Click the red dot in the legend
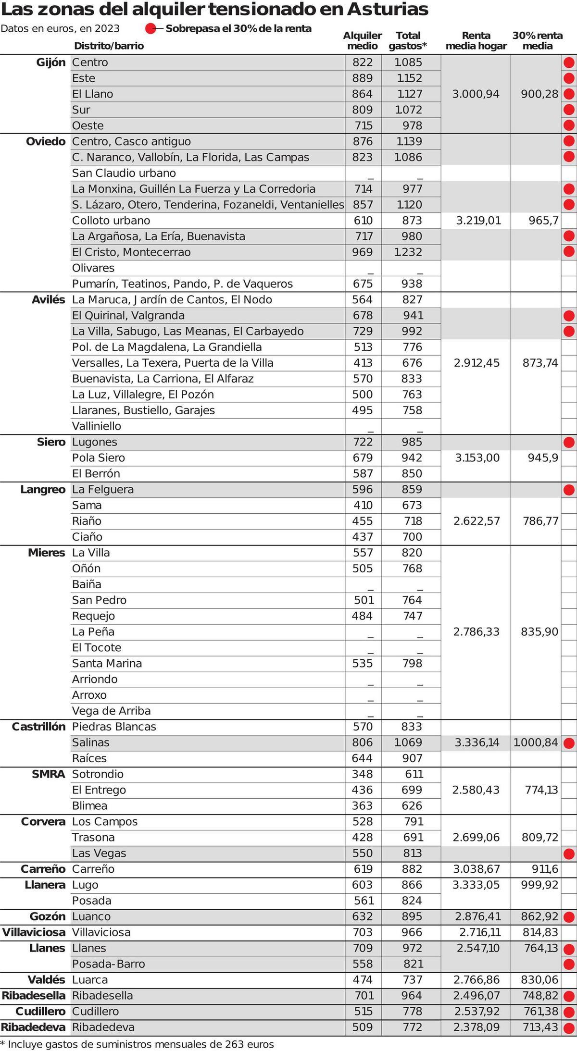click(x=151, y=28)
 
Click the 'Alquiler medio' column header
click(x=362, y=41)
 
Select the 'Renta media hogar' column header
click(x=476, y=41)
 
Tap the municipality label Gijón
click(x=50, y=62)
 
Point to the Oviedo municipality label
click(x=46, y=141)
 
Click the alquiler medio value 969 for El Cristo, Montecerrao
click(x=363, y=252)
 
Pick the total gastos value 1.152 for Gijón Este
click(x=408, y=78)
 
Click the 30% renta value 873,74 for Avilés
click(x=540, y=363)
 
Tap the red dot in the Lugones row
click(x=569, y=442)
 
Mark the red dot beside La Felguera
click(x=569, y=490)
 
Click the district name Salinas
click(x=91, y=742)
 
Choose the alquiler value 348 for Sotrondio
click(x=362, y=774)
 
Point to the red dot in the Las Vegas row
click(x=569, y=853)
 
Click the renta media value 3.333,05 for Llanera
click(x=476, y=885)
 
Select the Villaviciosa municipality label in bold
click(x=34, y=932)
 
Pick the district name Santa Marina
click(x=107, y=664)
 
